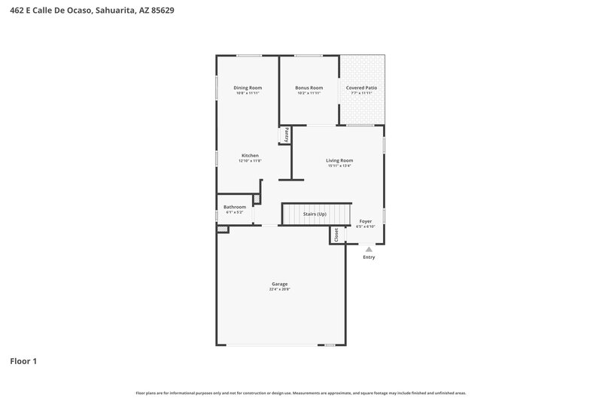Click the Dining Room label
tap(248, 87)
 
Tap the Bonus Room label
tap(309, 87)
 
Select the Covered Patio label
tap(361, 87)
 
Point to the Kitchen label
tap(250, 156)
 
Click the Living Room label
tap(339, 160)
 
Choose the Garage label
tap(280, 284)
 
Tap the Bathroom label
tap(235, 207)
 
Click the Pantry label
tap(286, 135)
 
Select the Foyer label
tap(365, 221)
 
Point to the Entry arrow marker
tap(369, 249)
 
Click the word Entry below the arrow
tap(369, 257)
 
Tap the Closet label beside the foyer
tap(336, 235)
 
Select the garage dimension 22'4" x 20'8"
tap(280, 290)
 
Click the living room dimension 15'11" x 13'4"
tap(339, 166)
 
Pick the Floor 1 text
tap(23, 361)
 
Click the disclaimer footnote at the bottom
tap(301, 393)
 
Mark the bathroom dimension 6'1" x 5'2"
tap(235, 212)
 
